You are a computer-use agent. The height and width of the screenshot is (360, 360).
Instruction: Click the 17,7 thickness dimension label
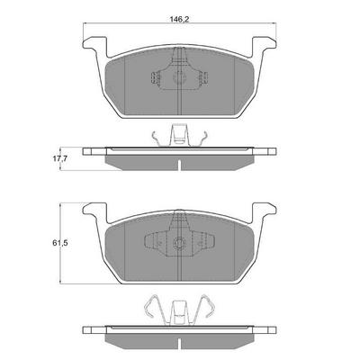tap(59, 158)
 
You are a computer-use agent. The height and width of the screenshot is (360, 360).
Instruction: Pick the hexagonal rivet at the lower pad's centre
tap(179, 243)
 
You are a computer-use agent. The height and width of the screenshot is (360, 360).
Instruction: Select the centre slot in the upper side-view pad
tap(179, 166)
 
